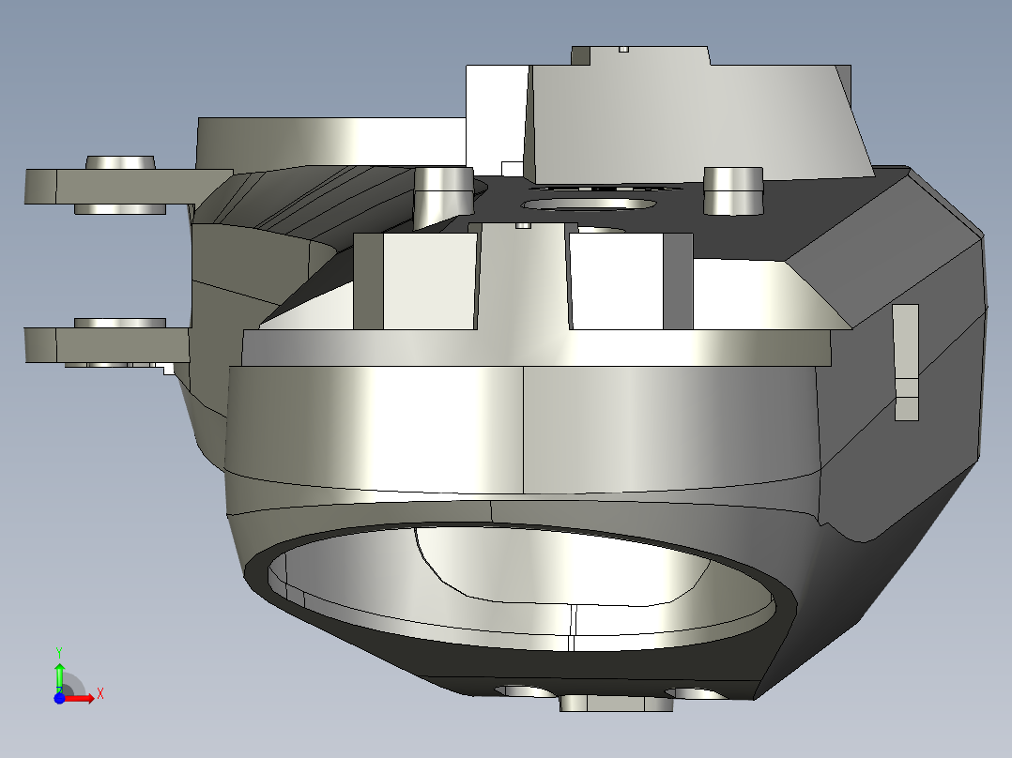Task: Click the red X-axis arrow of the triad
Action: [x=82, y=698]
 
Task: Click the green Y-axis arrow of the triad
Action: [x=59, y=674]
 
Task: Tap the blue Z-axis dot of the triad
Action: [x=59, y=698]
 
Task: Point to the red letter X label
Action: [x=100, y=694]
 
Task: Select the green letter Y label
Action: [x=58, y=651]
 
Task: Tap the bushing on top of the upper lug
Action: [x=119, y=162]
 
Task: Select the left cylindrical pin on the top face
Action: [x=442, y=192]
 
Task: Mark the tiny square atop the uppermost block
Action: [x=622, y=48]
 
